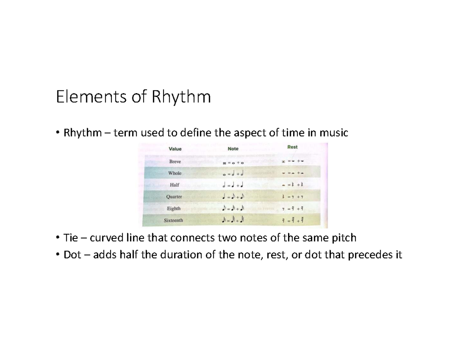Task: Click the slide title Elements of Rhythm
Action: click(x=133, y=97)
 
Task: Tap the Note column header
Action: click(x=233, y=149)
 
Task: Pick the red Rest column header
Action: click(x=292, y=147)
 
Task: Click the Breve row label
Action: click(x=176, y=161)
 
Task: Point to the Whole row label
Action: click(x=175, y=173)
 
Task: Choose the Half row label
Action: click(x=175, y=185)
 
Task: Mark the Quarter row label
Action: click(x=174, y=197)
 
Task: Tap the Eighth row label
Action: click(x=174, y=209)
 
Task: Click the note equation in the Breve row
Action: click(x=233, y=163)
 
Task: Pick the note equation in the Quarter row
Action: click(x=233, y=197)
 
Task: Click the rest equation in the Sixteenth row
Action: click(x=294, y=221)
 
